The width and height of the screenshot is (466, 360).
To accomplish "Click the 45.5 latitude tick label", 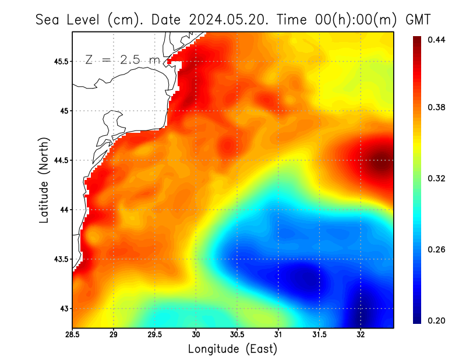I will pos(61,61).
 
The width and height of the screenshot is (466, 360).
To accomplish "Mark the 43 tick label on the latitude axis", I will pos(64,308).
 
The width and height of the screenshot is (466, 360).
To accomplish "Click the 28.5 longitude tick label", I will pos(73,334).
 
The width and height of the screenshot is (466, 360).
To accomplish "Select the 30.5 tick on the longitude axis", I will pos(237,334).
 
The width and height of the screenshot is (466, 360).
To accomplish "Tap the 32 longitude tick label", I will pos(361,334).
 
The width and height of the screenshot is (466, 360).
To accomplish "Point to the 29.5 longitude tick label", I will pos(155,334).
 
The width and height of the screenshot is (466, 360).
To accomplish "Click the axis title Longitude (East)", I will pos(232,349).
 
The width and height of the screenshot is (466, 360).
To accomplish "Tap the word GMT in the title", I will pos(418,20).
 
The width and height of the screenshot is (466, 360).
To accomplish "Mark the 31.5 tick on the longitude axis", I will pos(319,334).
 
